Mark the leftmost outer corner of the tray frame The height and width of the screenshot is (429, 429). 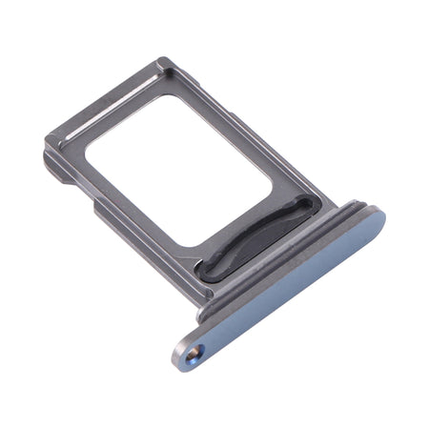coord(44,150)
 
